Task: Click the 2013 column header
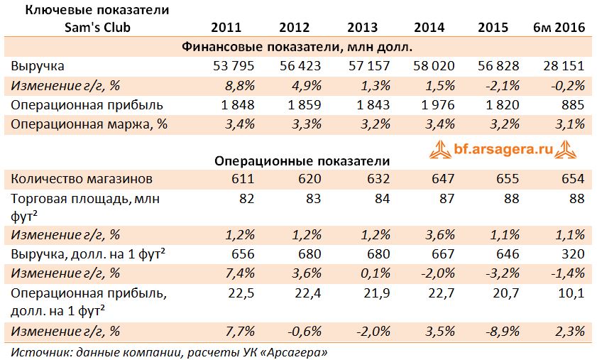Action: [x=362, y=28]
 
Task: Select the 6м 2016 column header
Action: [x=559, y=28]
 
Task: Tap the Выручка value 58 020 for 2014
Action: [x=434, y=65]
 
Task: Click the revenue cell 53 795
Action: [x=234, y=65]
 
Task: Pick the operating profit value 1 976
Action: [x=438, y=105]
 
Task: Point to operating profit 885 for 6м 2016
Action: [x=573, y=105]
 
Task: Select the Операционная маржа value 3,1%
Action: [x=570, y=124]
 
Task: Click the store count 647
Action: [x=443, y=179]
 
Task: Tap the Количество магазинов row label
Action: [x=82, y=179]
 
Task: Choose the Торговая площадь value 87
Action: [x=447, y=199]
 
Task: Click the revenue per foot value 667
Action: [x=443, y=254]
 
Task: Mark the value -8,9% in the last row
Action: [x=503, y=331]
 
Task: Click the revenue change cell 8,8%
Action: [x=240, y=85]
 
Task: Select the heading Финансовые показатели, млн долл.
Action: [x=297, y=47]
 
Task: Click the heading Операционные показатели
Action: [x=302, y=160]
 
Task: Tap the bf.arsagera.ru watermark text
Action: [x=503, y=149]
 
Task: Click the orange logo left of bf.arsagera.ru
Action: [x=441, y=150]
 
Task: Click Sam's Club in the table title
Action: [x=97, y=28]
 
